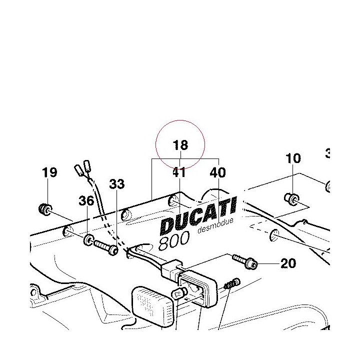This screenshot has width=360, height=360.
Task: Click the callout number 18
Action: (x=180, y=145)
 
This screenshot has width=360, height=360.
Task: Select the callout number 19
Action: (x=49, y=172)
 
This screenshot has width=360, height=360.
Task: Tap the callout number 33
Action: (x=117, y=184)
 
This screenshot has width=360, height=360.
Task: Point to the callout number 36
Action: (x=86, y=200)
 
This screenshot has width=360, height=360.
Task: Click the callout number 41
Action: (x=179, y=172)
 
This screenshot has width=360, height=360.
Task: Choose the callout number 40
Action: (x=218, y=172)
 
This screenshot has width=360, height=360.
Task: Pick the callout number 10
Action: (x=293, y=158)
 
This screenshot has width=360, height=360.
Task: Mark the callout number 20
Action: (x=288, y=263)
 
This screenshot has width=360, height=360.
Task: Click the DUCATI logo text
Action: (x=198, y=215)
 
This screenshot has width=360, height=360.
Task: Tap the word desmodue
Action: (x=215, y=225)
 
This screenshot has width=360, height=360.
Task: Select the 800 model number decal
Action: (x=174, y=240)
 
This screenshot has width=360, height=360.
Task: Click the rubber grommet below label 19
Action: (x=45, y=209)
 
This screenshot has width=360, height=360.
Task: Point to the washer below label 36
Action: (x=88, y=240)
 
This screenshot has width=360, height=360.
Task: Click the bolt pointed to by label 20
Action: (x=245, y=261)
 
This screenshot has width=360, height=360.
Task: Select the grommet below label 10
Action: (x=291, y=199)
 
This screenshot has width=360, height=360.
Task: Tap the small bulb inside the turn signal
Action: (x=179, y=293)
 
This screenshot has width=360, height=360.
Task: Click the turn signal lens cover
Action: (x=152, y=305)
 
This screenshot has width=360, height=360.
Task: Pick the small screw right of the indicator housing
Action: (x=232, y=284)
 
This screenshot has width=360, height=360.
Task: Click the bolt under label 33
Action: (x=106, y=247)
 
